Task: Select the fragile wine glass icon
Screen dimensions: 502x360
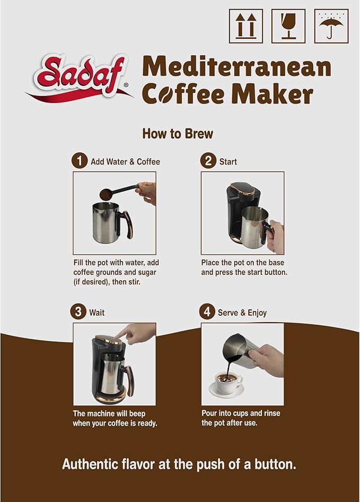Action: coord(288,26)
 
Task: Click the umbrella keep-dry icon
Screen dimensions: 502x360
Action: coord(331,26)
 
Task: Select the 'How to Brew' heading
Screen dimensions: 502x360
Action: coord(178,134)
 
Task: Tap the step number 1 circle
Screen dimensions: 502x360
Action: coord(80,161)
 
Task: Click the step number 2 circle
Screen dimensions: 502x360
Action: coord(208,161)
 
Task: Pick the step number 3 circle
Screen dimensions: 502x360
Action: coord(78,312)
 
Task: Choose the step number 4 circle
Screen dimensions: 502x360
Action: coord(207,312)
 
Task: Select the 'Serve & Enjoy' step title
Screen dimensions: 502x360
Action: coord(242,313)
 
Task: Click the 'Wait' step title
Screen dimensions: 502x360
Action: coord(97,313)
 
